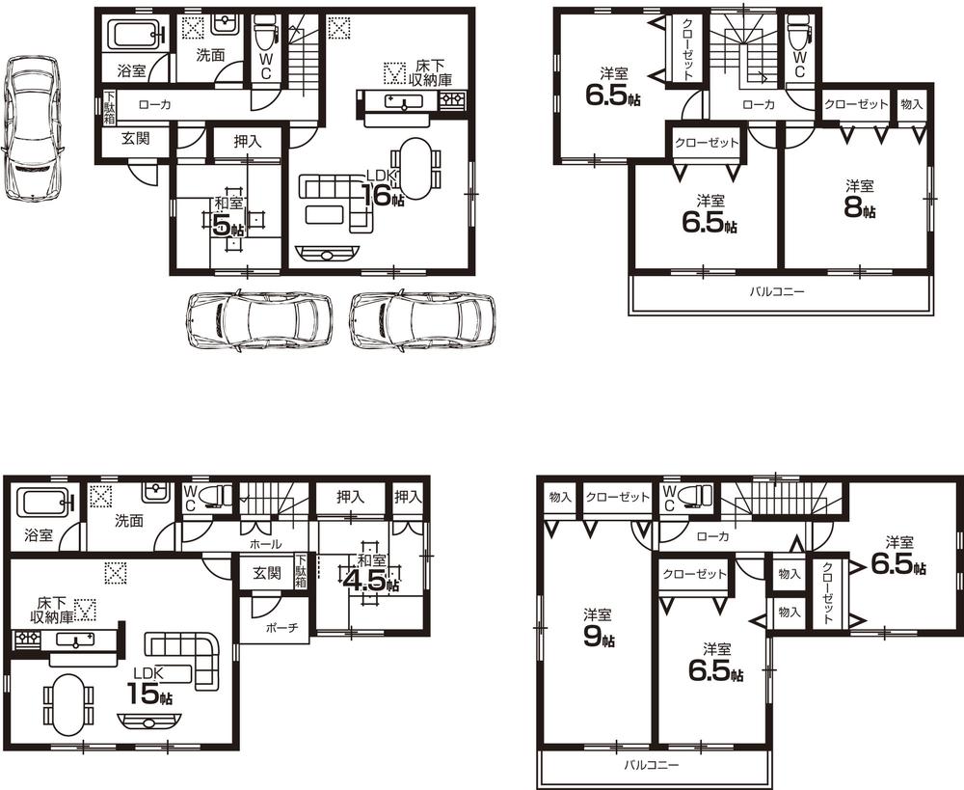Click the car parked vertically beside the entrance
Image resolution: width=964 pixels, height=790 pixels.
pyautogui.click(x=31, y=127)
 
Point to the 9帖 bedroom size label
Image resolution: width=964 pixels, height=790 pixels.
pyautogui.click(x=598, y=635)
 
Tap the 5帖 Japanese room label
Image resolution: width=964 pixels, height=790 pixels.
pyautogui.click(x=228, y=223)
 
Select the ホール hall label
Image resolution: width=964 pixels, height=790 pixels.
pyautogui.click(x=265, y=544)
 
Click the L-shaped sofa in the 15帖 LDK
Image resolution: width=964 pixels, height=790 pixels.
pyautogui.click(x=188, y=655)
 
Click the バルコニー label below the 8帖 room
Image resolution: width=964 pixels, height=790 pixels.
pyautogui.click(x=777, y=291)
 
